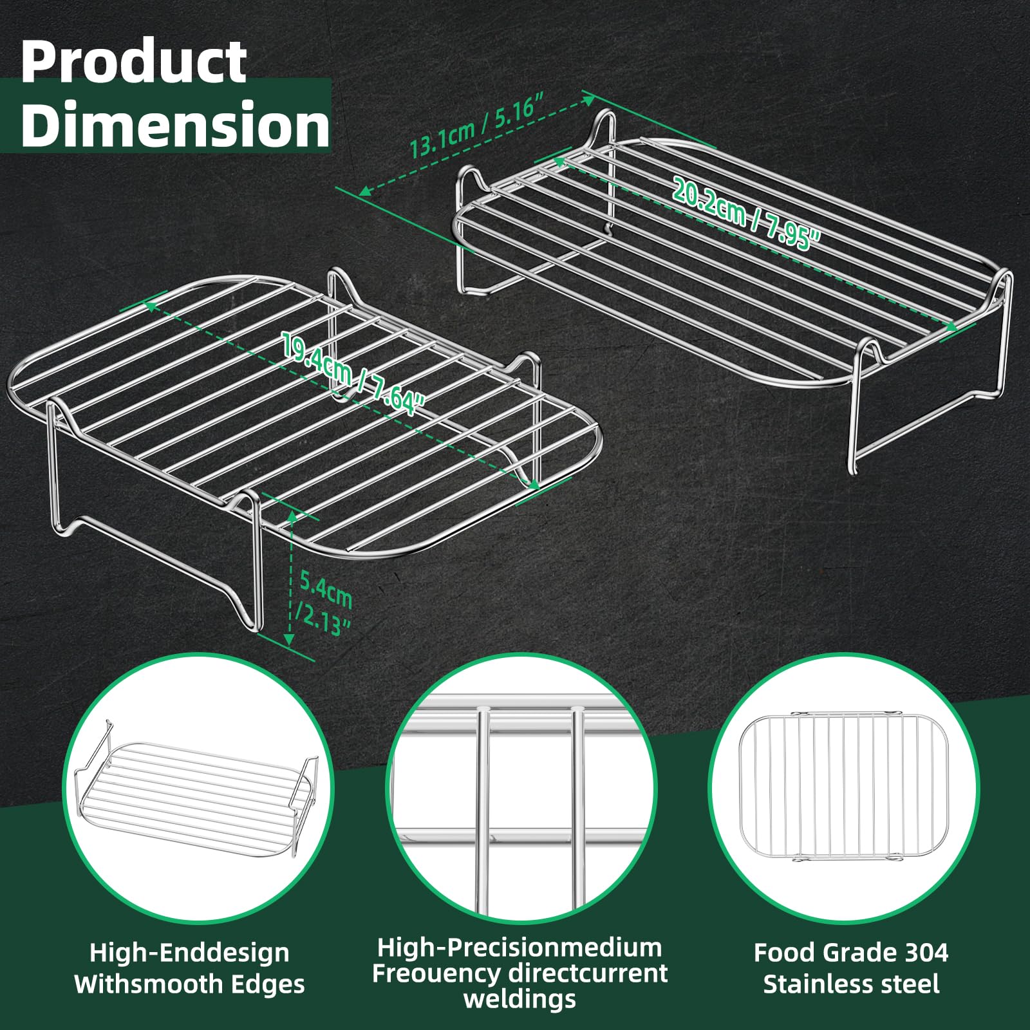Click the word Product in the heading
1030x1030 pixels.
coord(133,62)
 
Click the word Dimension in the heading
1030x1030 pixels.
coord(175,124)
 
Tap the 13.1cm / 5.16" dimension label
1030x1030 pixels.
coord(478,125)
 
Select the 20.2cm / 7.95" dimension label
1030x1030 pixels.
coord(747,213)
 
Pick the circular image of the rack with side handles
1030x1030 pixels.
coord(198,789)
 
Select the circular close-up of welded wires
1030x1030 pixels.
coord(521,789)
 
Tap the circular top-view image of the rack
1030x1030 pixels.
coord(844,789)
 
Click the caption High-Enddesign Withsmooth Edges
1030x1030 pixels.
coord(190,968)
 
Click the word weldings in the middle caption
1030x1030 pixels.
coord(520,999)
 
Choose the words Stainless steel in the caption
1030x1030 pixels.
coord(851,984)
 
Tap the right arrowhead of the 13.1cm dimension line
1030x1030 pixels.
coord(588,100)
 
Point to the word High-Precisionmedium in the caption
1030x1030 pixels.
coord(520,948)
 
